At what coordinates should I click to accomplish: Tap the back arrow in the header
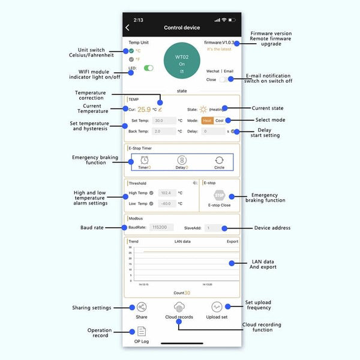[127, 28]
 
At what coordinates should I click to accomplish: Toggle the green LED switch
[148, 68]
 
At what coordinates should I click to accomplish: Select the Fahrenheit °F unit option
[131, 59]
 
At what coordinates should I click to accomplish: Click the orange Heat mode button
[207, 121]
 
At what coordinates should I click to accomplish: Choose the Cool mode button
[220, 121]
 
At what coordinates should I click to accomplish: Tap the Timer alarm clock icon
[145, 160]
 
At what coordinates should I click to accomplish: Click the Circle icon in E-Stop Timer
[220, 160]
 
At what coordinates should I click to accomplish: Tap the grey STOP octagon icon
[219, 195]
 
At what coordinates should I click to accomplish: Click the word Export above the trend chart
[232, 242]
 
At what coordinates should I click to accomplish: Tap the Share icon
[142, 307]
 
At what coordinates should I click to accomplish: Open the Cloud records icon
[179, 307]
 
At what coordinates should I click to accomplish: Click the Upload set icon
[217, 307]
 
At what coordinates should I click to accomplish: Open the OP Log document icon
[142, 331]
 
